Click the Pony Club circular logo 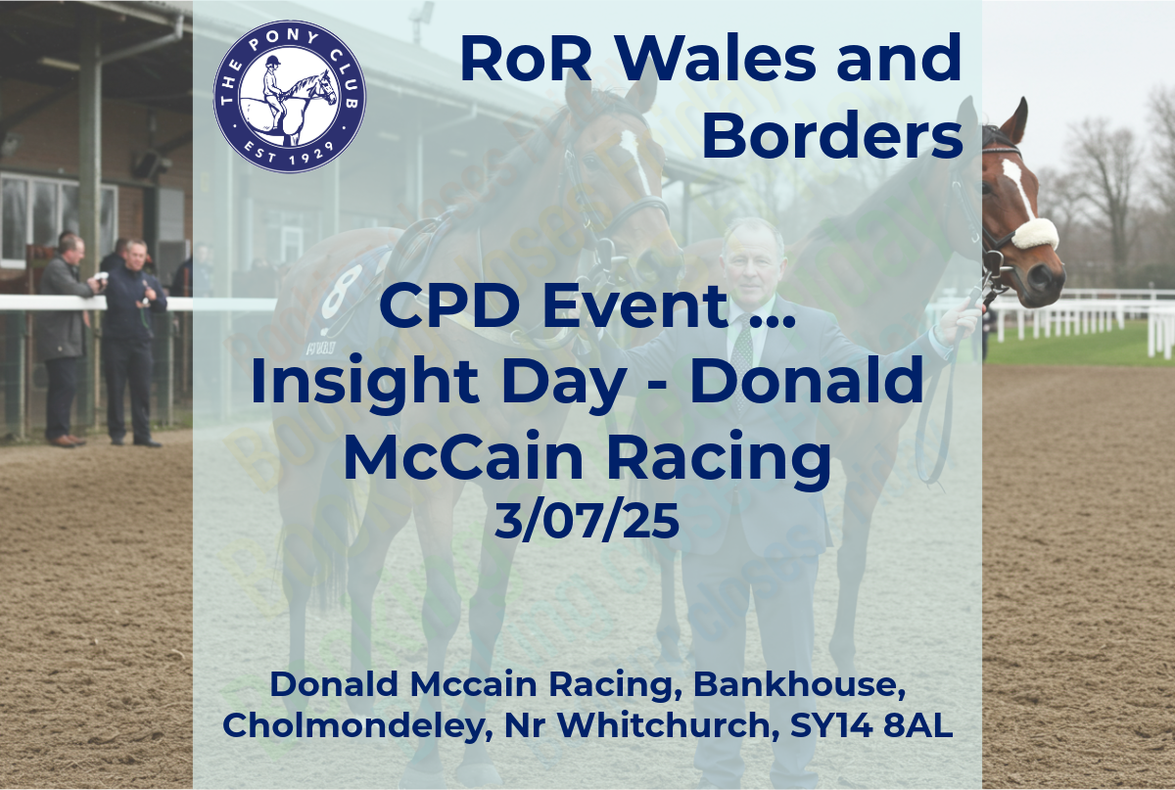(x=290, y=96)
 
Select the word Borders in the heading (x=832, y=135)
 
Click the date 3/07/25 (x=587, y=521)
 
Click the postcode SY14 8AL (x=871, y=725)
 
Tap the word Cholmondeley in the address (x=358, y=727)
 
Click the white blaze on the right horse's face (x=1018, y=187)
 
